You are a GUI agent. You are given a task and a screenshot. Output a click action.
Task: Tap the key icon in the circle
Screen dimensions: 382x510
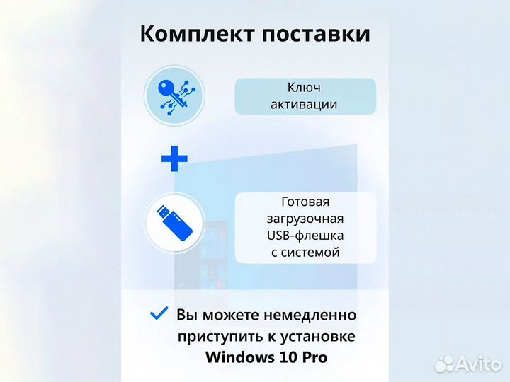(174, 95)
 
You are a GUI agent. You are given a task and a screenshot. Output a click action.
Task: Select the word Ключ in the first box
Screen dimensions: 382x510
(305, 88)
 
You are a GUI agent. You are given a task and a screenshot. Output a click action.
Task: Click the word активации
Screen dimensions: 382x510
(305, 105)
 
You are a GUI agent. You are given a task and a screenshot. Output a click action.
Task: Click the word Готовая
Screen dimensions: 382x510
(305, 201)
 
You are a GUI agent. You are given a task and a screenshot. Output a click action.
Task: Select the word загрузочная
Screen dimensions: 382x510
(305, 218)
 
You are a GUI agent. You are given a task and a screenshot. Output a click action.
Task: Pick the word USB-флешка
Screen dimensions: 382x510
(305, 235)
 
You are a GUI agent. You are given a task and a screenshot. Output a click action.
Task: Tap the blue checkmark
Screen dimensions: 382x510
(159, 313)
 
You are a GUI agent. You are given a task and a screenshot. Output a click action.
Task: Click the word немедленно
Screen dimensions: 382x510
(311, 314)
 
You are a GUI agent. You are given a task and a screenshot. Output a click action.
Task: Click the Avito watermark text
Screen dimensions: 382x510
(477, 364)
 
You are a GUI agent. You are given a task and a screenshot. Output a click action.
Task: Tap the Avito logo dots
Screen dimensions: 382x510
(444, 364)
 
